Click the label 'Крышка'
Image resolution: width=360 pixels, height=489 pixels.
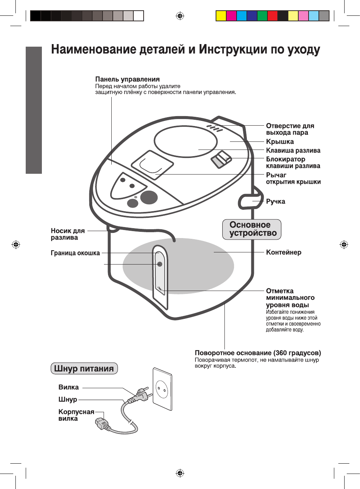point(280,142)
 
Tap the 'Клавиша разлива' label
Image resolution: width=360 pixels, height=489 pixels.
point(293,151)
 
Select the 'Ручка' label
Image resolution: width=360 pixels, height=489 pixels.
point(276,201)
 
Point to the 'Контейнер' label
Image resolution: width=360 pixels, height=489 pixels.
point(284,252)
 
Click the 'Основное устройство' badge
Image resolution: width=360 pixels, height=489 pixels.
point(252,229)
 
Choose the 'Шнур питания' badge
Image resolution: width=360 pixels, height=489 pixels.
point(84,368)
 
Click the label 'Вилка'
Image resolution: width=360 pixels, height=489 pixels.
point(68,387)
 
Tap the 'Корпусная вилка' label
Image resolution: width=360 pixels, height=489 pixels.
point(76,415)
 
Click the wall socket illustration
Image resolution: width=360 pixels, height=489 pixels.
point(162,389)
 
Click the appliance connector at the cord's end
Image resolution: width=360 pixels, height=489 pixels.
point(102,424)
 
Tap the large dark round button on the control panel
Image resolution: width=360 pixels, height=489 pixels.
point(149,197)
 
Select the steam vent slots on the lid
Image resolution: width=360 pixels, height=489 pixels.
point(215,128)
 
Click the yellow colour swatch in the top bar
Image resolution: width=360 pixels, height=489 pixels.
point(221,16)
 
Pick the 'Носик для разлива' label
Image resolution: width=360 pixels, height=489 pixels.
point(68,234)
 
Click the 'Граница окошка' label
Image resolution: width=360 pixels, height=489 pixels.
point(75,253)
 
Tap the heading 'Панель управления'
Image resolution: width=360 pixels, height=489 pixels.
point(127,79)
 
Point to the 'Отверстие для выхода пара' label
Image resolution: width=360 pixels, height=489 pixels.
point(290,129)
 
